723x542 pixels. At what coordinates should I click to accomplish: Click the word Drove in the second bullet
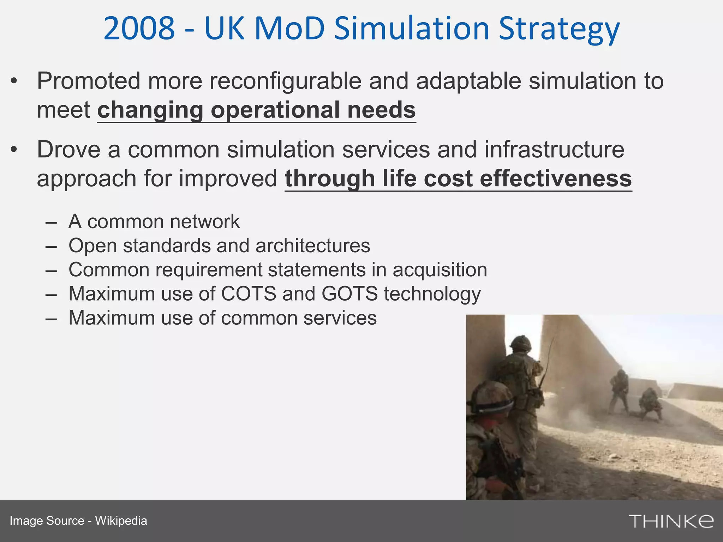pyautogui.click(x=69, y=150)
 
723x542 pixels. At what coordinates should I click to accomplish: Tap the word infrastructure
pyautogui.click(x=554, y=150)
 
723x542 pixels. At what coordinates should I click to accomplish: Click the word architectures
pyautogui.click(x=313, y=246)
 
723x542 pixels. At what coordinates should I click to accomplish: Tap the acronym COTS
pyautogui.click(x=249, y=294)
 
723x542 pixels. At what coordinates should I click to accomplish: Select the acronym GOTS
pyautogui.click(x=349, y=294)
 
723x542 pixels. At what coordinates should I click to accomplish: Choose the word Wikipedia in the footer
pyautogui.click(x=121, y=521)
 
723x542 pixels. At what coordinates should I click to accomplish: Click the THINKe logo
pyautogui.click(x=671, y=521)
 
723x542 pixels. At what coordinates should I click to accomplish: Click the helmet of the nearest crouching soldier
pyautogui.click(x=493, y=397)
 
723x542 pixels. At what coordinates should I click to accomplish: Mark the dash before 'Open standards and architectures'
pyautogui.click(x=51, y=246)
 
